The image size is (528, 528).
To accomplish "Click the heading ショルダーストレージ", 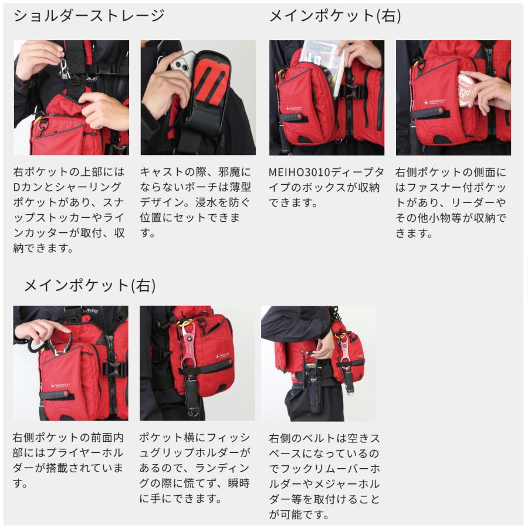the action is click(x=89, y=16).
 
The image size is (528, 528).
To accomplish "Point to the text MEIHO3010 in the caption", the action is click(x=299, y=172).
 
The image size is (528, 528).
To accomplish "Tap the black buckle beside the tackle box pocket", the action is click(x=354, y=92).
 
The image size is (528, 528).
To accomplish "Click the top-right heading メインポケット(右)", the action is click(x=336, y=16).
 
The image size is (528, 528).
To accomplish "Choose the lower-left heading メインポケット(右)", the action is click(x=90, y=286).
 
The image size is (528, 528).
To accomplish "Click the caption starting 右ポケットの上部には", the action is click(x=69, y=210).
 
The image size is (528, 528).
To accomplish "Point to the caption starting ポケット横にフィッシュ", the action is click(x=195, y=468).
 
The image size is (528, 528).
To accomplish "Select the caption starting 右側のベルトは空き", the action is click(x=324, y=476).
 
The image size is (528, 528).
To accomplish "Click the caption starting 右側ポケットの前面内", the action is click(x=68, y=461).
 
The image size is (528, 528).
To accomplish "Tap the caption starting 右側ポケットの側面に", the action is click(x=451, y=202).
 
